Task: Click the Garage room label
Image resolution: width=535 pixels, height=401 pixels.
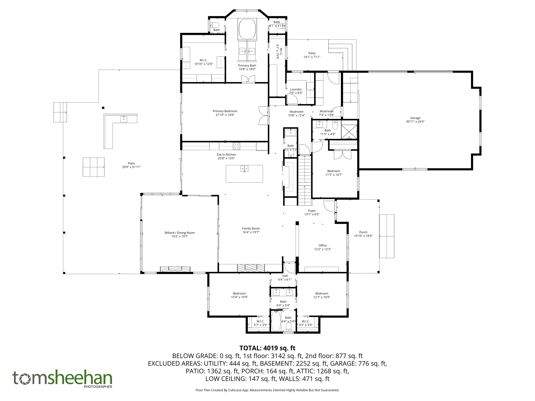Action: pyautogui.click(x=415, y=118)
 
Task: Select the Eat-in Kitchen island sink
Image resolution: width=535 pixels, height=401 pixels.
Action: pyautogui.click(x=244, y=169)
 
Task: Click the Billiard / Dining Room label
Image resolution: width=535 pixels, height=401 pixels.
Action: pyautogui.click(x=180, y=233)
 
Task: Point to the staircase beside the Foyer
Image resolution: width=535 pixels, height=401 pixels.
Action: pyautogui.click(x=305, y=180)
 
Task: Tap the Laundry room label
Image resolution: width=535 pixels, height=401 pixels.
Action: pyautogui.click(x=296, y=89)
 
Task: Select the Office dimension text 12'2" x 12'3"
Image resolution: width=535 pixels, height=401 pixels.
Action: pyautogui.click(x=323, y=249)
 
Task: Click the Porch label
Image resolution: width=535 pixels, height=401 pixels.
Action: pyautogui.click(x=363, y=232)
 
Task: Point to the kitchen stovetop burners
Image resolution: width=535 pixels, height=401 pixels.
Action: pyautogui.click(x=236, y=146)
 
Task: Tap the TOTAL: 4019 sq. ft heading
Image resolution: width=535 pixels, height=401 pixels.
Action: pyautogui.click(x=267, y=348)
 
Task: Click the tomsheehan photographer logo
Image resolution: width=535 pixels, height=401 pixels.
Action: pyautogui.click(x=62, y=379)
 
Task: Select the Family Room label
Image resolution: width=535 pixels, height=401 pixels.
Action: pyautogui.click(x=251, y=229)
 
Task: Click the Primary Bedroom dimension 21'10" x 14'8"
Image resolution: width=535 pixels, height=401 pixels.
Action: pyautogui.click(x=225, y=115)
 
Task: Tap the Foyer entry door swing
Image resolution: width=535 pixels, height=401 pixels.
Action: pyautogui.click(x=329, y=206)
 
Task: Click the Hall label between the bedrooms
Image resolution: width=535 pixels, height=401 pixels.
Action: pyautogui.click(x=285, y=276)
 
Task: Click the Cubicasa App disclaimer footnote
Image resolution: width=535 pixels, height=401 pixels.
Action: pyautogui.click(x=267, y=390)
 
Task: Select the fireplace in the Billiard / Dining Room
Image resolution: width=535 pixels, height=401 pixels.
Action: pyautogui.click(x=175, y=269)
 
